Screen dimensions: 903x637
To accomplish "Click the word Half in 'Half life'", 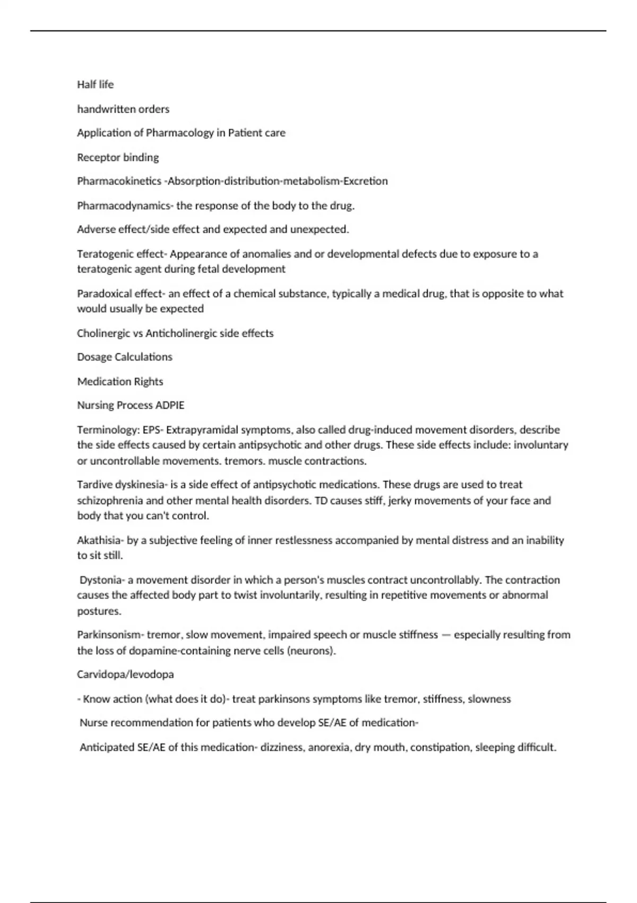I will point(86,84).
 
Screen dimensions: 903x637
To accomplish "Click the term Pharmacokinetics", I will point(119,181).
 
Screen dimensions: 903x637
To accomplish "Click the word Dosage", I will point(94,357).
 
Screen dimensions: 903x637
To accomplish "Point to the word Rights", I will point(149,381).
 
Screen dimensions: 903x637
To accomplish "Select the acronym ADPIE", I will point(170,405).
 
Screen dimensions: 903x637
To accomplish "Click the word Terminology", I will point(108,430).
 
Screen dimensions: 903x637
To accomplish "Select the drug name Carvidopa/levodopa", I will point(125,675).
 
